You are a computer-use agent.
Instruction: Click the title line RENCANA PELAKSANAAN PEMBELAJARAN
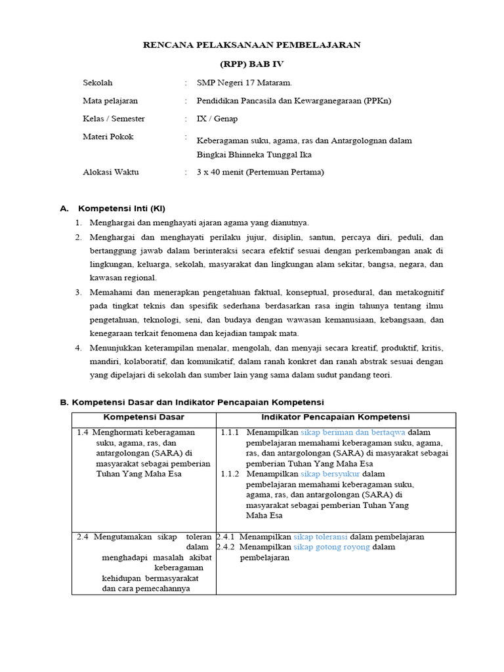point(252,45)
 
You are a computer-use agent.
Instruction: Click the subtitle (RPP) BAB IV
point(252,64)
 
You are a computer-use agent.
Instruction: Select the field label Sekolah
point(98,83)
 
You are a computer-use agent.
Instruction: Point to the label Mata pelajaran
point(110,101)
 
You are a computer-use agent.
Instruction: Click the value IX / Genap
point(217,119)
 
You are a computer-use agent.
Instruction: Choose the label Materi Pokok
point(108,136)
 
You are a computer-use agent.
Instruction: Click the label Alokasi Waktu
point(111,172)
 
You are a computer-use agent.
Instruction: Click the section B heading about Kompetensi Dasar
point(192,402)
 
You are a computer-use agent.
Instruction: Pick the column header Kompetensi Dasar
point(144,417)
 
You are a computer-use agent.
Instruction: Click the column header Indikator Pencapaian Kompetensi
point(335,417)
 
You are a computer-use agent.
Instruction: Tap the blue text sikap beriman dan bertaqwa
point(352,432)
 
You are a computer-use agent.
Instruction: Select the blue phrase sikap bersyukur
point(330,474)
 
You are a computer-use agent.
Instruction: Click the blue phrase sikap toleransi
point(320,536)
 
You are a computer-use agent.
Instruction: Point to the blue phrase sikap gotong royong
point(331,547)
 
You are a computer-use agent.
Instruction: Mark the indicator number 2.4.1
point(226,536)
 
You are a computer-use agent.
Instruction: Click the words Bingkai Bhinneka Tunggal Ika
point(254,155)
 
